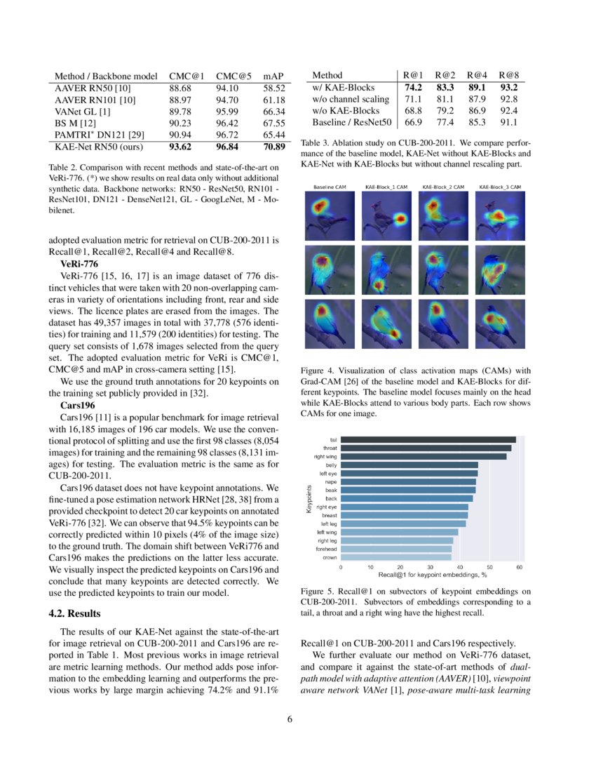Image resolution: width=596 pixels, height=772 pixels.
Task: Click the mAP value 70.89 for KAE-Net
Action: [273, 147]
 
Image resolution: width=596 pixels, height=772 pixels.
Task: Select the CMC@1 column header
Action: [187, 75]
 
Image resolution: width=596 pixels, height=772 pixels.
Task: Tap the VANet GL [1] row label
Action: [82, 111]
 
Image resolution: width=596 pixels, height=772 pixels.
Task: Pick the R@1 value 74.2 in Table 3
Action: [413, 88]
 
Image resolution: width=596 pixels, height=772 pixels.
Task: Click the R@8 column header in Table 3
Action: [508, 75]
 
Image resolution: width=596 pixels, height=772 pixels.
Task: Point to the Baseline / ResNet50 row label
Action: [347, 122]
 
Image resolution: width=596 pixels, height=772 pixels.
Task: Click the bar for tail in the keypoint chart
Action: [428, 439]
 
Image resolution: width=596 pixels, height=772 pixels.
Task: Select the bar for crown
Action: [395, 557]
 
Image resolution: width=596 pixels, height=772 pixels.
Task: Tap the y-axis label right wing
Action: [327, 456]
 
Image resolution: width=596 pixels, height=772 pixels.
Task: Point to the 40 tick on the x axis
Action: [459, 566]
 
